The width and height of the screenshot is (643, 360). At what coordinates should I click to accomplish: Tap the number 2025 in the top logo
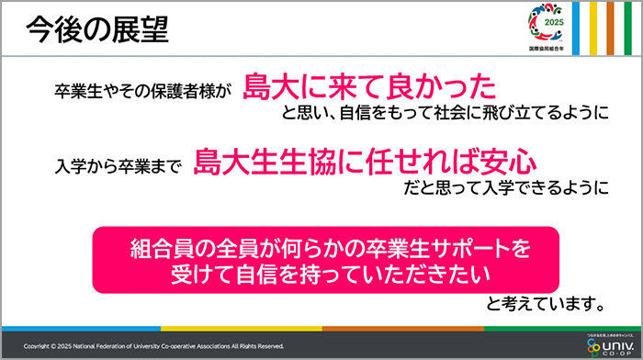pyautogui.click(x=553, y=22)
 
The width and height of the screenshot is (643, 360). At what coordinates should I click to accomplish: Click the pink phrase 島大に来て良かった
pyautogui.click(x=370, y=86)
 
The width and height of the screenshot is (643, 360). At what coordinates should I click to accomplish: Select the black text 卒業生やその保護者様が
pyautogui.click(x=144, y=92)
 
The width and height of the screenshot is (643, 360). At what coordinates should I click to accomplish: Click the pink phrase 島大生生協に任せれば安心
pyautogui.click(x=365, y=162)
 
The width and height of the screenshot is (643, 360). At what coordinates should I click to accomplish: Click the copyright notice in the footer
pyautogui.click(x=154, y=346)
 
